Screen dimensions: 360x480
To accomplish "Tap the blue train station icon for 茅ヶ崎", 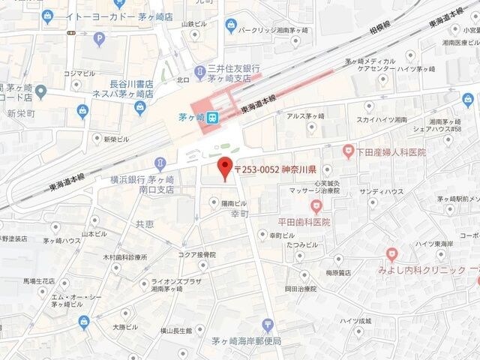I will pos(213,117).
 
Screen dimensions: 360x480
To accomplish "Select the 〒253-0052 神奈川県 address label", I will pos(276,169).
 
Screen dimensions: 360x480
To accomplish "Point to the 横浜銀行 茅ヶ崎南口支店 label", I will pos(142,184).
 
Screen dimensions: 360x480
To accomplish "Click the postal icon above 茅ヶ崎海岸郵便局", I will pos(268,325).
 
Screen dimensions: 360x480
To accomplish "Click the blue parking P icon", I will pos(99,38).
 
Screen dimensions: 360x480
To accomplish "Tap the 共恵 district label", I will pos(145,224).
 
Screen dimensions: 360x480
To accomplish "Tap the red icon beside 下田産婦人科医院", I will pos(348,151).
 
